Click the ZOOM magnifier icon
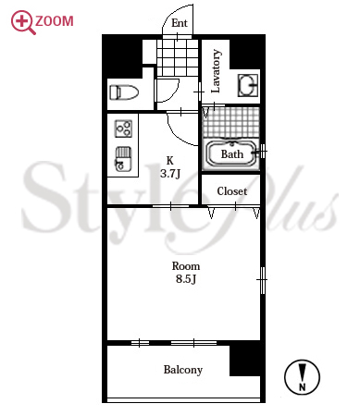(22, 22)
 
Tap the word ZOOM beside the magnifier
(55, 21)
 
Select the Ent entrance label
(180, 23)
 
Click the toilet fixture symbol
(124, 92)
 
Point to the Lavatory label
(216, 71)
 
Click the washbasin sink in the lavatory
(248, 85)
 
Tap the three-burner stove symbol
(123, 128)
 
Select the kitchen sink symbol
(123, 159)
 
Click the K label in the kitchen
(170, 161)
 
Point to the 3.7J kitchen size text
(170, 174)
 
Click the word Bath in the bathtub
(232, 154)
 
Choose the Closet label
(232, 191)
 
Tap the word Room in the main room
(186, 266)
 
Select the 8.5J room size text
(186, 279)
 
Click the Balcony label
(183, 370)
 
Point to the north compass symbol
(302, 377)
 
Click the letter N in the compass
(303, 386)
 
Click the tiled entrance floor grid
(178, 57)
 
